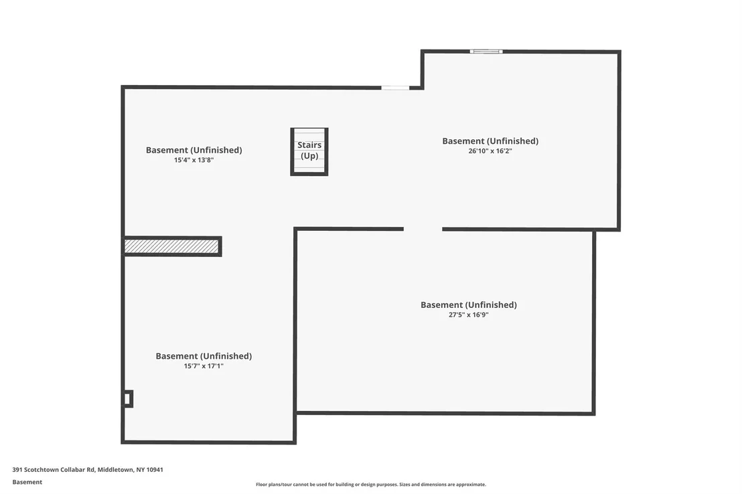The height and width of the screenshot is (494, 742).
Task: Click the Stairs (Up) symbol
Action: [309, 151]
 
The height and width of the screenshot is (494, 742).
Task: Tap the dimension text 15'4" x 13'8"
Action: [194, 161]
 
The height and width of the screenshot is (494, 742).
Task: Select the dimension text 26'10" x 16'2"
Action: [490, 151]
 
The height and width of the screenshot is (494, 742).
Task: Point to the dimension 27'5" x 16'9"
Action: [469, 315]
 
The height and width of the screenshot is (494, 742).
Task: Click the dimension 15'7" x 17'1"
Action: [204, 366]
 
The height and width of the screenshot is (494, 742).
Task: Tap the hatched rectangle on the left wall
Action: [172, 246]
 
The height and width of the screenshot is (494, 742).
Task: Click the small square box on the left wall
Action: [128, 399]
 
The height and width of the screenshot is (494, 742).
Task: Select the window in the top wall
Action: [486, 52]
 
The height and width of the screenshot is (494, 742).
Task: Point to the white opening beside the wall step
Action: [395, 88]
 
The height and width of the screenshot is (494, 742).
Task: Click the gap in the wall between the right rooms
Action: [423, 229]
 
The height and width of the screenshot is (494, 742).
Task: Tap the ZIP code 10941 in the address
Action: [155, 470]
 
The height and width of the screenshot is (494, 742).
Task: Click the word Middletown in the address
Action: [116, 470]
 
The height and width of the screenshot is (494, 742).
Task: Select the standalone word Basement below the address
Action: [27, 482]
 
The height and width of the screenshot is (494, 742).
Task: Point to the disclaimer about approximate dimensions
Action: [371, 485]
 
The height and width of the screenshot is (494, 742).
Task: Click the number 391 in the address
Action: [17, 470]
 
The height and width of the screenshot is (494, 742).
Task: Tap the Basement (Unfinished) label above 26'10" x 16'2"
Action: [490, 141]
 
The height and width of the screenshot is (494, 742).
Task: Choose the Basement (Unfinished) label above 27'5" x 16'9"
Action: [469, 305]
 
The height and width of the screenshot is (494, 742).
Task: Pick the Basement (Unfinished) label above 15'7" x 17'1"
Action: [204, 356]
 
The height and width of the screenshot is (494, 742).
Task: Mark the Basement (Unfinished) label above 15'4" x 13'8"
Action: [194, 150]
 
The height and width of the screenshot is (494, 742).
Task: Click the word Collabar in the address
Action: [73, 470]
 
